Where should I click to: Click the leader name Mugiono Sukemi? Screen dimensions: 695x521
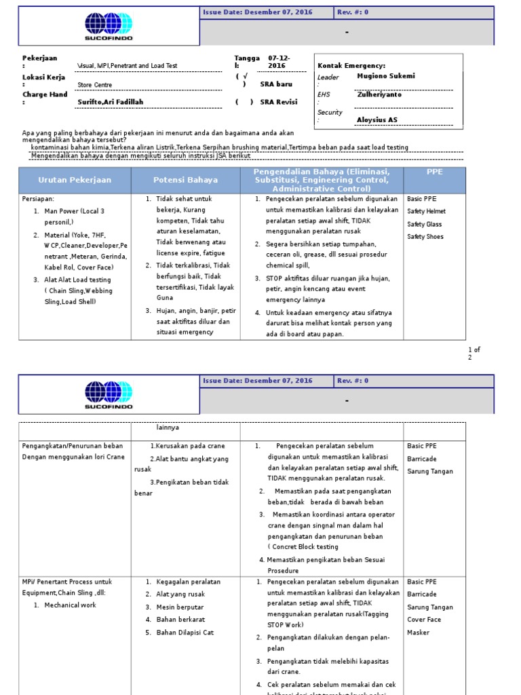pos(385,76)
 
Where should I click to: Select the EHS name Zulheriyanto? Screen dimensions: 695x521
pos(379,95)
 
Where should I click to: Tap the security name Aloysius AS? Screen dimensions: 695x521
pos(378,119)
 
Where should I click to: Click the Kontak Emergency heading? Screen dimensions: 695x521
pos(351,65)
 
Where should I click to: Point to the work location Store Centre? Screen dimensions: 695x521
pos(95,85)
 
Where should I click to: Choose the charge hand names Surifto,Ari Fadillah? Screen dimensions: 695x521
pos(111,102)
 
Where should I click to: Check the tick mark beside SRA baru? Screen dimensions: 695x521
pos(245,76)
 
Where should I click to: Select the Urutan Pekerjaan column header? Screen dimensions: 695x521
pos(75,180)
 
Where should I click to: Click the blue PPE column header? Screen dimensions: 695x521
pos(434,172)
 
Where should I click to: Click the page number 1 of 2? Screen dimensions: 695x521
pos(474,353)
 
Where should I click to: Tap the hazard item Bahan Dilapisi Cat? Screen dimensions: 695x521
pos(185,632)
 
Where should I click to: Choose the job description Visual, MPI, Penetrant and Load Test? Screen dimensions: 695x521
pos(128,66)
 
